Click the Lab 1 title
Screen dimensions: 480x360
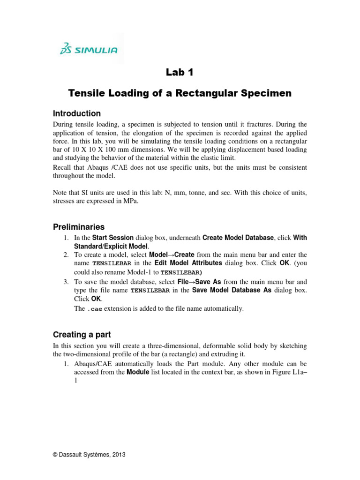click(180, 72)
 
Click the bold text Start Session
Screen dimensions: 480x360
click(113, 238)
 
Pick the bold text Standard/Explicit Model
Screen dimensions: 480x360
click(111, 246)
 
